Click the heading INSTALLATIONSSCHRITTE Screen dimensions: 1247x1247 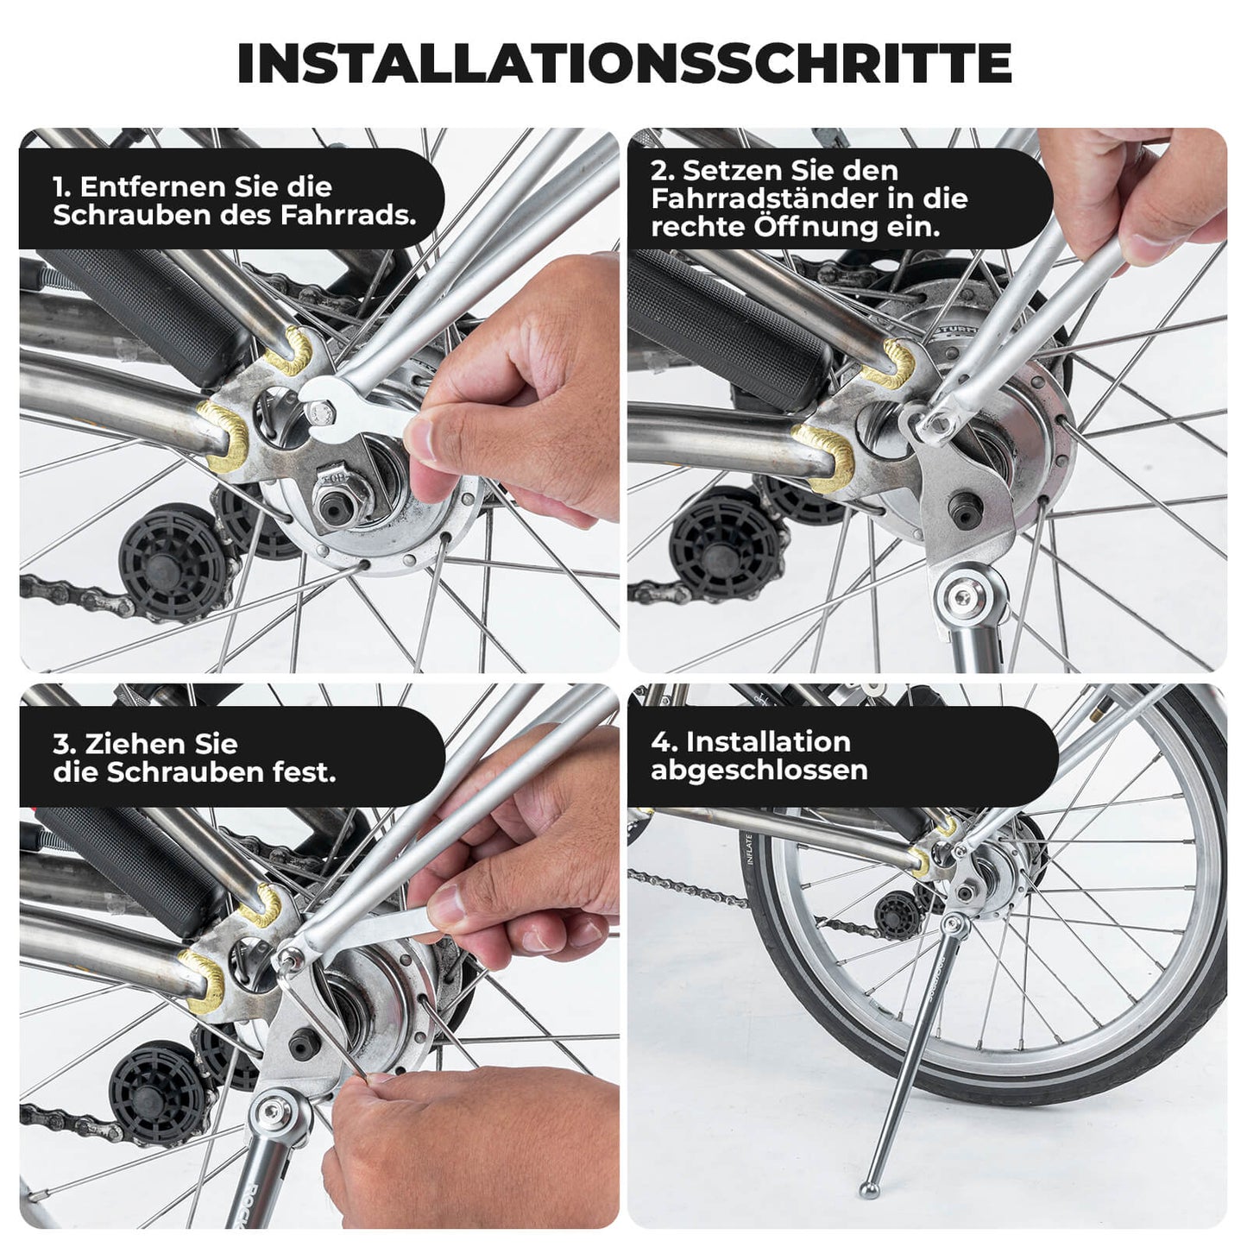coord(623,63)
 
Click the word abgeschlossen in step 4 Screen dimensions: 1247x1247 coord(759,770)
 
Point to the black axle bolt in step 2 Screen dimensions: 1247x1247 coord(964,510)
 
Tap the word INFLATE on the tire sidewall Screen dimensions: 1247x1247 coord(748,849)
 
